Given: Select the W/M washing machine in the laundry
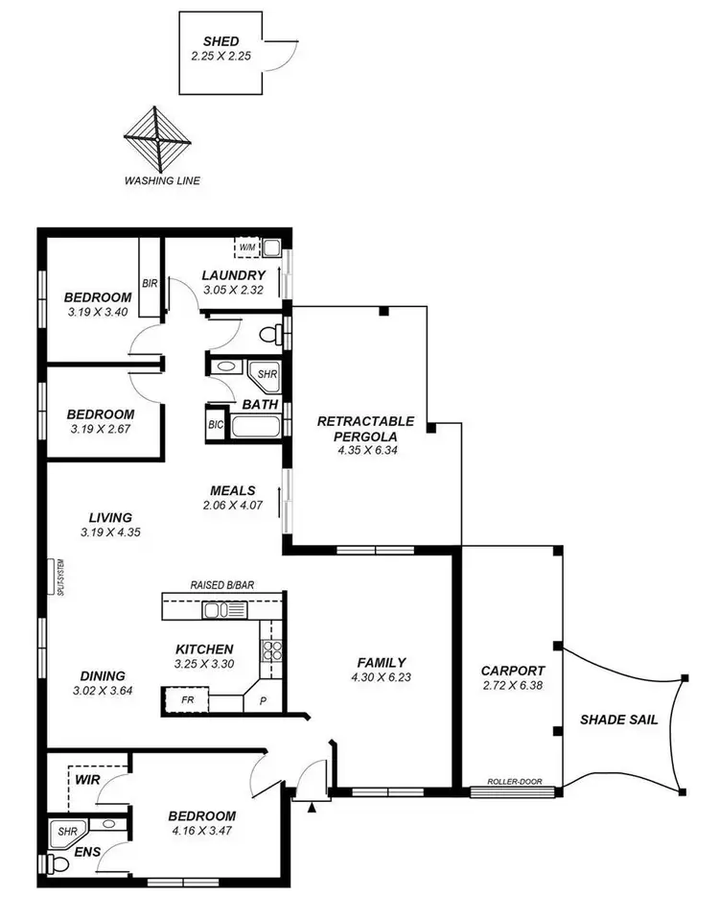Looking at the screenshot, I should pyautogui.click(x=248, y=248).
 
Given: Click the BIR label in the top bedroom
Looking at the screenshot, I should pyautogui.click(x=150, y=283).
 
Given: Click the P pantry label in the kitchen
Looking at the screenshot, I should pyautogui.click(x=262, y=702).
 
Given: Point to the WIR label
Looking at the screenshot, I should pyautogui.click(x=86, y=780).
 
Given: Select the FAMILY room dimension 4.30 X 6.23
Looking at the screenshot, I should pyautogui.click(x=381, y=677).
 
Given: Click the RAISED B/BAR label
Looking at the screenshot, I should pyautogui.click(x=222, y=584).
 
